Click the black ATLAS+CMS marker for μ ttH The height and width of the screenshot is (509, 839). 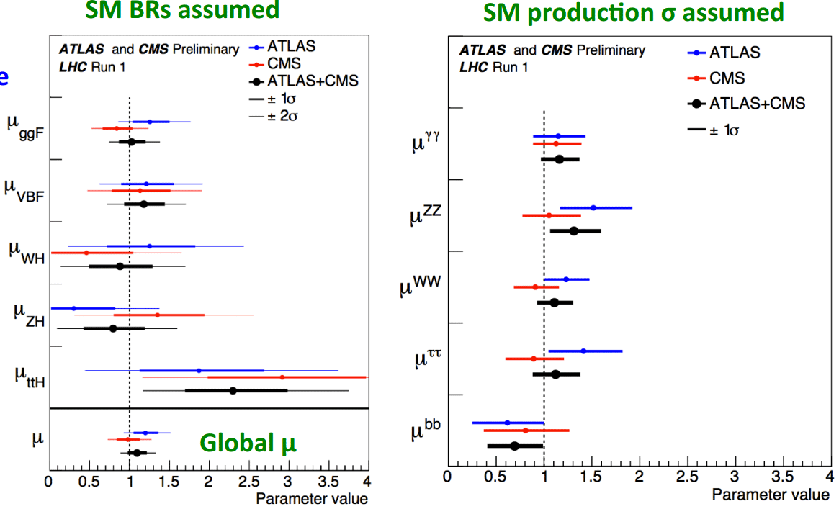coord(233,390)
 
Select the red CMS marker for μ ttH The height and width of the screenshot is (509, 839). coord(282,377)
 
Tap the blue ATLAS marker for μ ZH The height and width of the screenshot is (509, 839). coord(73,308)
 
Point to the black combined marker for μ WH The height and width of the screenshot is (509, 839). coord(120,266)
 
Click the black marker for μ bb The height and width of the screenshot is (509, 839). coord(514,446)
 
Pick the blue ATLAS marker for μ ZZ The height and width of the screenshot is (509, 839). coord(593,207)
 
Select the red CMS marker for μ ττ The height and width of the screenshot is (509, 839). coord(534,358)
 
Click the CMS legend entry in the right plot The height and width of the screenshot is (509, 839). coord(727,78)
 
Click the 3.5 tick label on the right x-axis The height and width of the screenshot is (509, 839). coord(782,476)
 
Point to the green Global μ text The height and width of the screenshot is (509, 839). coord(248,443)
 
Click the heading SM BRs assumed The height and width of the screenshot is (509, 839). coord(182,10)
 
